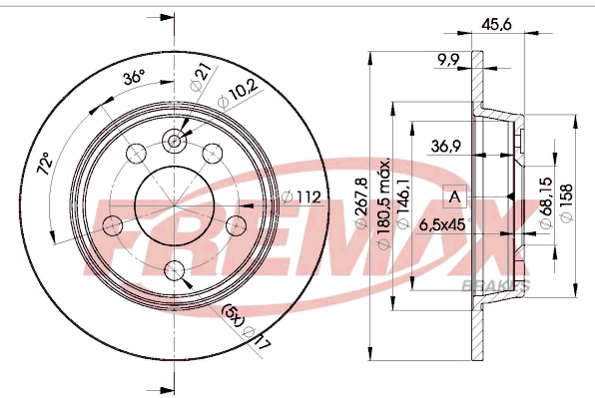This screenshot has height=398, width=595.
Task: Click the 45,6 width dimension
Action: click(497, 25)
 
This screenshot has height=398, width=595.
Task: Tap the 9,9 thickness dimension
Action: click(448, 60)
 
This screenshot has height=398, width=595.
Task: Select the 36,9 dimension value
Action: click(446, 146)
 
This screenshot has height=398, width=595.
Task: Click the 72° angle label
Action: click(45, 164)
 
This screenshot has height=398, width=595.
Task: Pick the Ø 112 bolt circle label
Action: click(301, 198)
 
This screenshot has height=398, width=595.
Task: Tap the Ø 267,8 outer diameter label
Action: click(362, 203)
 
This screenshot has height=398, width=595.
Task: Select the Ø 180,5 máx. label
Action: click(384, 202)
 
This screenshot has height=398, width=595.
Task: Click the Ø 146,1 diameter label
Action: click(403, 202)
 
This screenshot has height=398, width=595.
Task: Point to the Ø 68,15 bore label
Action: click(547, 203)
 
